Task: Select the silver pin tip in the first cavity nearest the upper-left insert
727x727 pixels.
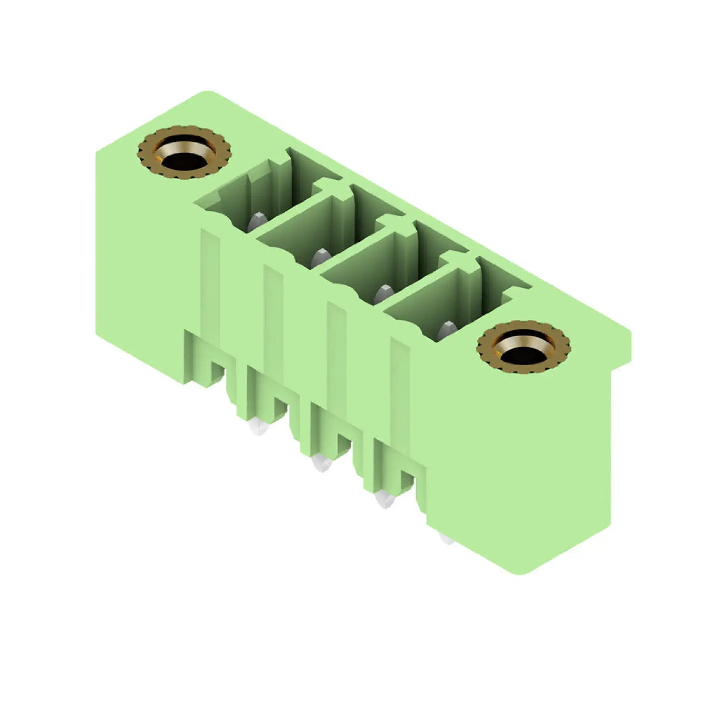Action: pyautogui.click(x=257, y=222)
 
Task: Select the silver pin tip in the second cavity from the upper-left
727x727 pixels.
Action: pyautogui.click(x=321, y=257)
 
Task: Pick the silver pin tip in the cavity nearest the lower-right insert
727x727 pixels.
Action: pyautogui.click(x=447, y=330)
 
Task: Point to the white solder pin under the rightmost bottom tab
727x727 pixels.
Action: pyautogui.click(x=385, y=500)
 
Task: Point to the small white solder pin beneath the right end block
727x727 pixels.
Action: pyautogui.click(x=447, y=538)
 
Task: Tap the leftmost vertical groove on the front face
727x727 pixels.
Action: pyautogui.click(x=210, y=286)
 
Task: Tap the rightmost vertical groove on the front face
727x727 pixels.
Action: pyautogui.click(x=399, y=395)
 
